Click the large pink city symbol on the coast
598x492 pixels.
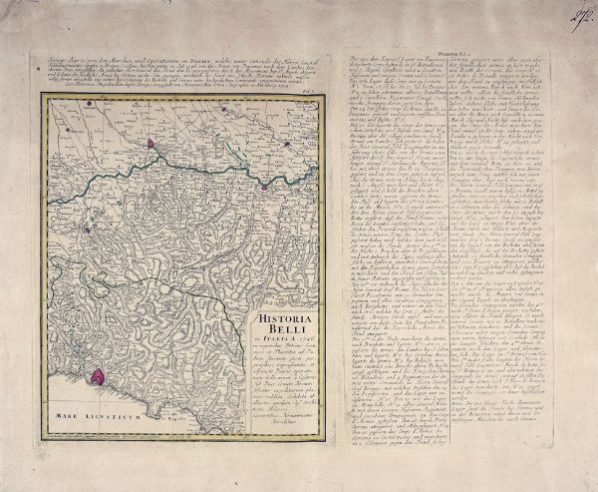126,376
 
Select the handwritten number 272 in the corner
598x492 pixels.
575,14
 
